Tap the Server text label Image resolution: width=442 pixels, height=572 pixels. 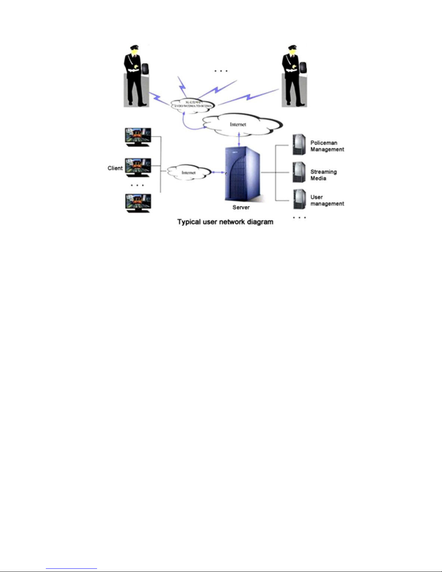(x=241, y=208)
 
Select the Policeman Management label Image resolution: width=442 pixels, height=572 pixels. (x=327, y=146)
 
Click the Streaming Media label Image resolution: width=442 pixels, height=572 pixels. (x=323, y=175)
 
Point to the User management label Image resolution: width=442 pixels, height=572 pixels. (x=327, y=200)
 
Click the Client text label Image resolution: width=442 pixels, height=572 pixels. (x=115, y=168)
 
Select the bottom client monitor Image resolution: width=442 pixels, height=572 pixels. (x=137, y=202)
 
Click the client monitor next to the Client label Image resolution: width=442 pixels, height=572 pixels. (x=137, y=167)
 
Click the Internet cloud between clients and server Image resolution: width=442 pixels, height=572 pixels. (x=188, y=173)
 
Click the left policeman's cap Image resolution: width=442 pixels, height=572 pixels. (x=134, y=47)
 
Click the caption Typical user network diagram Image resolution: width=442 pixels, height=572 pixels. (x=225, y=222)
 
